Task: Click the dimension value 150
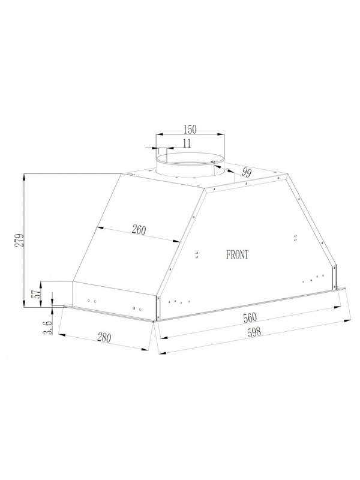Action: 190,129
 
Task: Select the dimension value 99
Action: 245,173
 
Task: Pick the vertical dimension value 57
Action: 35,294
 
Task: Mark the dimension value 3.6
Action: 49,327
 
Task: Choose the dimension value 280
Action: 104,338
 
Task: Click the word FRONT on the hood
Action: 238,254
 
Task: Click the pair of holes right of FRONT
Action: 296,239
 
